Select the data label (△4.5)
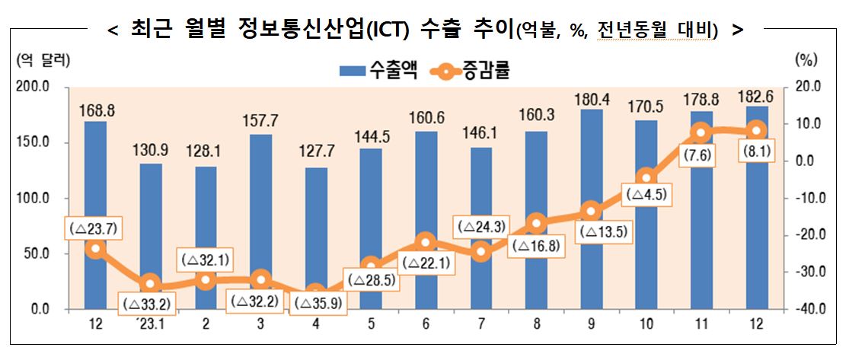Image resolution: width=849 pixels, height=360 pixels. point(646,195)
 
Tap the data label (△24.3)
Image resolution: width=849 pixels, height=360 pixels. point(480,227)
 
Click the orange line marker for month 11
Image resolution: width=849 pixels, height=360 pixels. point(702,132)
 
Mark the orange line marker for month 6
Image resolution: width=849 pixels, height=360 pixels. point(426,242)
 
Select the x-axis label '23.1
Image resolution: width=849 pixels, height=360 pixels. point(150,325)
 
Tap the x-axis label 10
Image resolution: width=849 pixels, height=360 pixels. point(646,325)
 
